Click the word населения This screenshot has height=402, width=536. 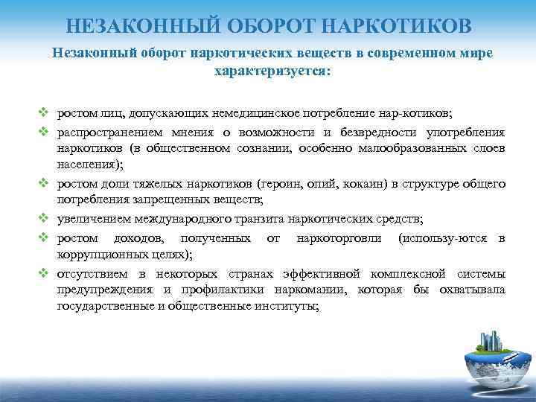click(x=84, y=164)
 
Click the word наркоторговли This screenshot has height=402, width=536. click(x=339, y=238)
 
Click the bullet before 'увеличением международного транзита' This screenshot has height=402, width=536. click(x=44, y=219)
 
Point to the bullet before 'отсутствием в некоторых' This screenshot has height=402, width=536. click(x=44, y=273)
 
